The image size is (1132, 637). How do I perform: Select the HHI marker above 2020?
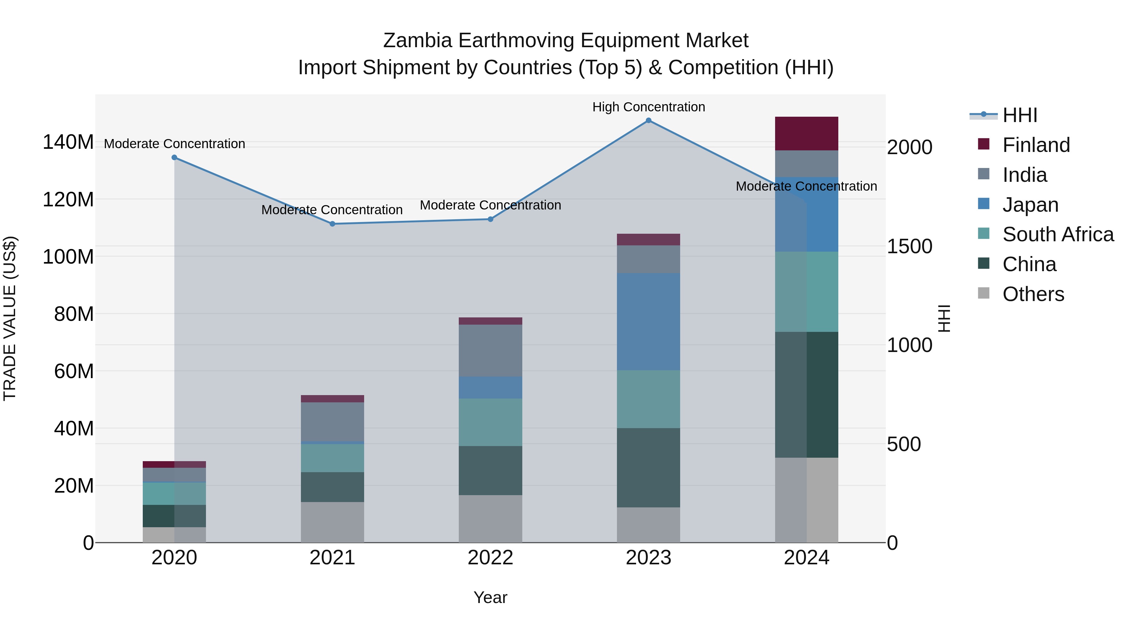[x=175, y=157]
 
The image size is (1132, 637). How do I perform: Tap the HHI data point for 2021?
[x=332, y=224]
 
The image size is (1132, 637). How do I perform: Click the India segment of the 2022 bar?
[x=491, y=350]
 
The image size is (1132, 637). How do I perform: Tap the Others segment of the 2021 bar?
[x=332, y=522]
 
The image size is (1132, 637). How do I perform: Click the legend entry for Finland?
[x=1035, y=145]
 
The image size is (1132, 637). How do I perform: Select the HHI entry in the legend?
[x=1019, y=115]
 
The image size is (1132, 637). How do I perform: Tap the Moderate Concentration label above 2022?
[x=491, y=205]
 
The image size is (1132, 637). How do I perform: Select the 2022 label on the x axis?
[x=491, y=558]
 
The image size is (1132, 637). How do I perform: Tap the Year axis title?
[x=491, y=597]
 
